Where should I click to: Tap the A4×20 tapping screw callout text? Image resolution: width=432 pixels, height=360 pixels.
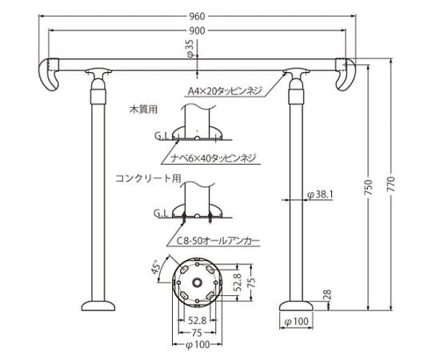223,91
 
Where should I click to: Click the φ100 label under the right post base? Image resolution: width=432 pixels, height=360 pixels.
295,322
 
